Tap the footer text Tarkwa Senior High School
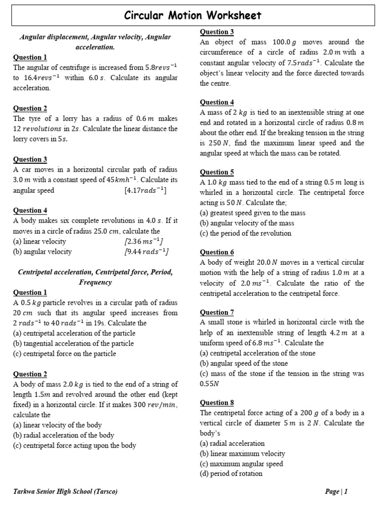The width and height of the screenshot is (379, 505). click(x=65, y=491)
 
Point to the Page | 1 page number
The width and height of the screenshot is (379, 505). click(x=337, y=491)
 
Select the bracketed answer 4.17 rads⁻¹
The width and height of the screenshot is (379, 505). click(x=146, y=190)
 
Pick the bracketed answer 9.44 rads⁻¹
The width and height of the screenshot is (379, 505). click(x=147, y=252)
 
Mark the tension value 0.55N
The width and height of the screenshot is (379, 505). click(x=209, y=383)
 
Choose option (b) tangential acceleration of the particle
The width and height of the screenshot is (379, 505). click(x=74, y=343)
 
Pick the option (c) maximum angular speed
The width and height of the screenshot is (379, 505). click(x=241, y=464)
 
